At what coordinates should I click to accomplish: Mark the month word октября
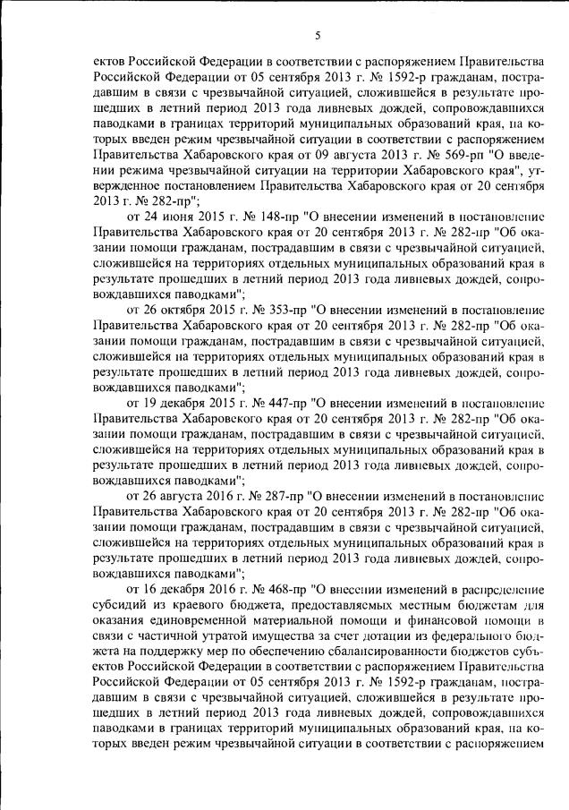click(x=179, y=309)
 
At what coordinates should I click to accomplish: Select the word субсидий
click(x=119, y=606)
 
